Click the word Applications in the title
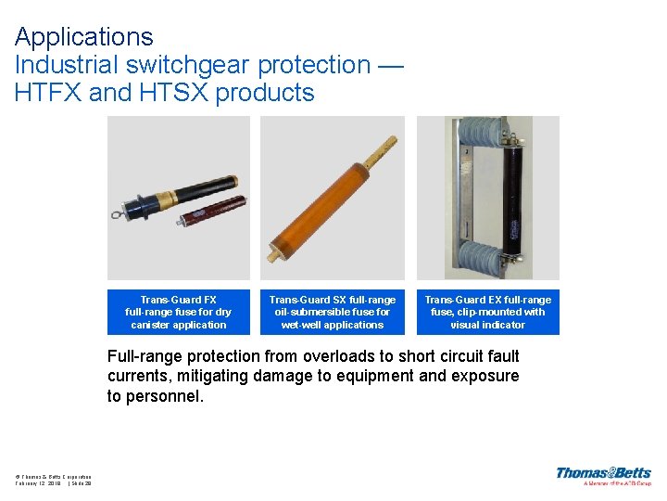click(x=84, y=37)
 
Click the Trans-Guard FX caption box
click(x=179, y=313)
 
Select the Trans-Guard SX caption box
click(x=333, y=313)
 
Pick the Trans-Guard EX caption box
click(x=487, y=313)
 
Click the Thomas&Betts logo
click(x=603, y=474)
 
